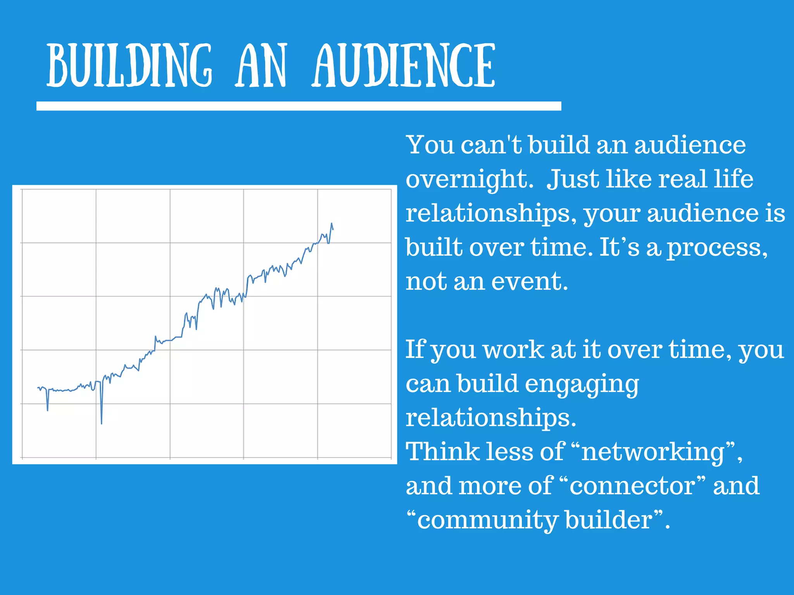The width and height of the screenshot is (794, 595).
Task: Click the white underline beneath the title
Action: pyautogui.click(x=299, y=106)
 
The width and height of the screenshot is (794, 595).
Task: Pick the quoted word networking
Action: pyautogui.click(x=653, y=452)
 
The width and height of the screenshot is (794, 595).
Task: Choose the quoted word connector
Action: pyautogui.click(x=632, y=486)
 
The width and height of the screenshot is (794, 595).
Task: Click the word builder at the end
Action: pyautogui.click(x=609, y=520)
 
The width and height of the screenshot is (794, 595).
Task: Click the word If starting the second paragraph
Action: pyautogui.click(x=415, y=349)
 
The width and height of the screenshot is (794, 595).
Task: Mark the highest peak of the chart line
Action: pyautogui.click(x=331, y=224)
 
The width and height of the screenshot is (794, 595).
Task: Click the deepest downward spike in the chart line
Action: pyautogui.click(x=102, y=423)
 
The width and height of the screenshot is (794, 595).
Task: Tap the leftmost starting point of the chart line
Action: pyautogui.click(x=38, y=388)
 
